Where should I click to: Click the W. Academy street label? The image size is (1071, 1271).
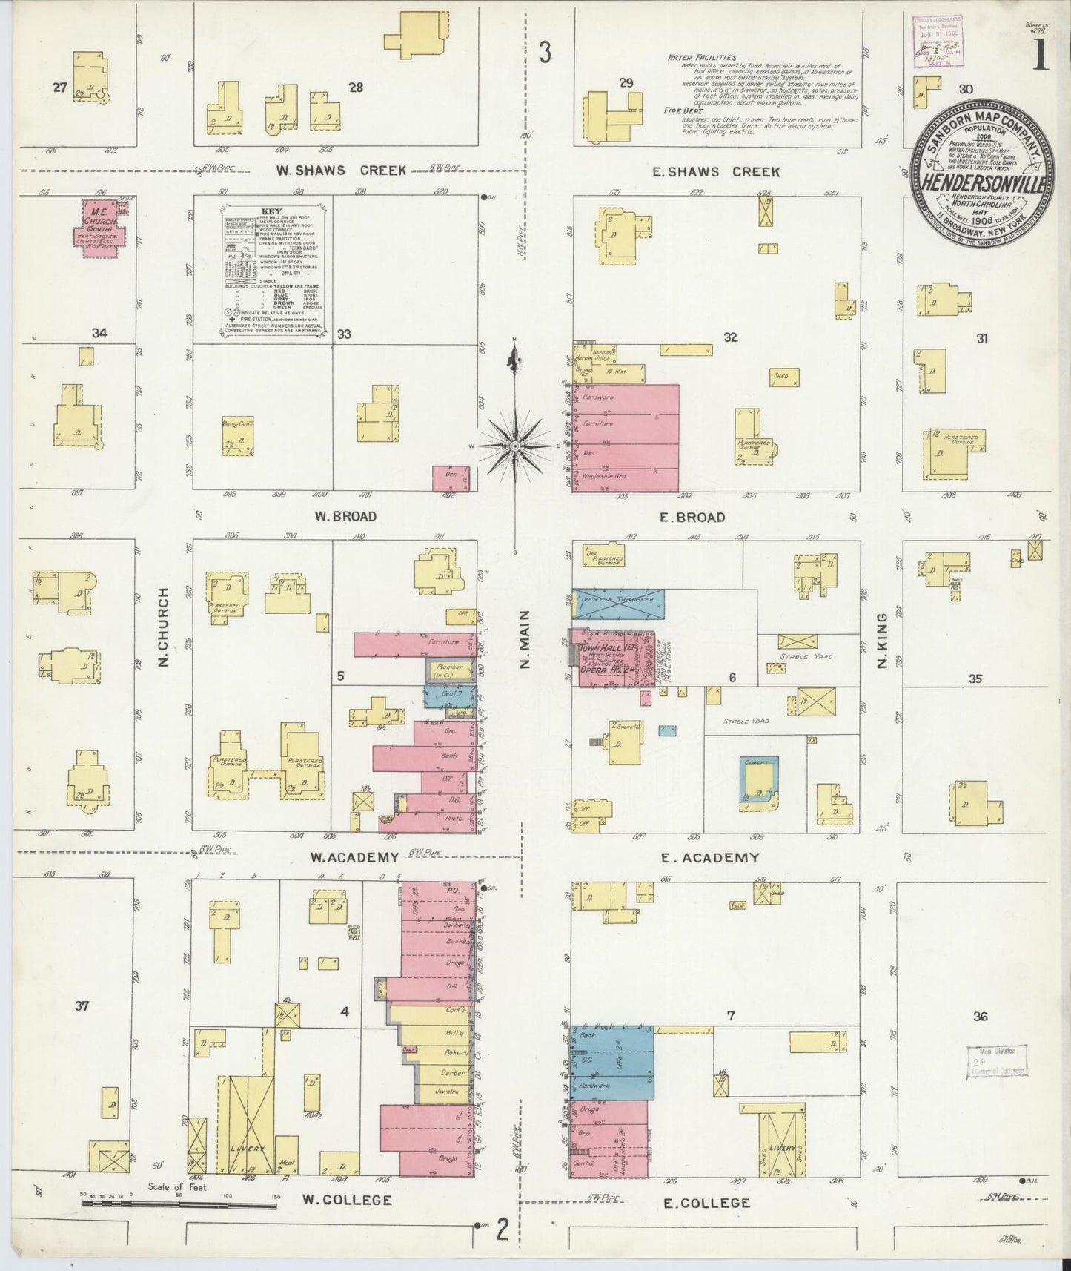pos(354,858)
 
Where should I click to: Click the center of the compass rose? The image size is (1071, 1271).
pos(514,446)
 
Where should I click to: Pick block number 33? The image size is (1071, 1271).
pos(343,334)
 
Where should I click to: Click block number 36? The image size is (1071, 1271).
pos(980,1017)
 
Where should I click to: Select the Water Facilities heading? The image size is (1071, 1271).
pos(700,57)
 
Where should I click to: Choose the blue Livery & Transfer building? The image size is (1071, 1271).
pos(617,605)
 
